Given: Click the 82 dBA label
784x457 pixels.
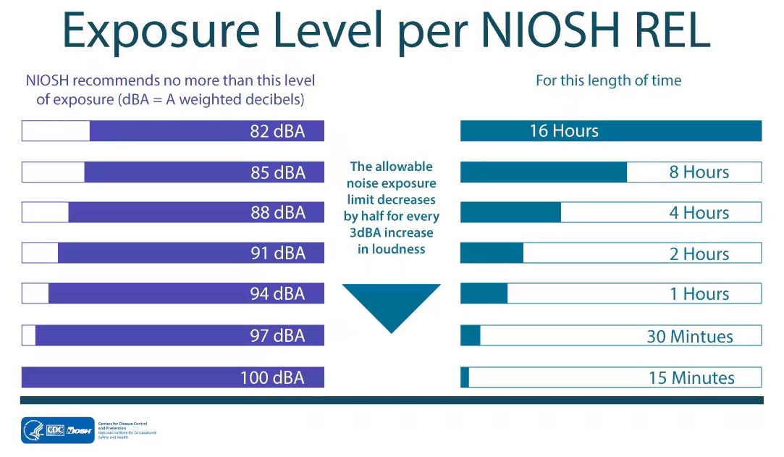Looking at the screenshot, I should click(278, 132).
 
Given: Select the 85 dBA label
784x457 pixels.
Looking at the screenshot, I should click(278, 172).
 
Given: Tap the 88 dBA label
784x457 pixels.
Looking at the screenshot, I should click(278, 213).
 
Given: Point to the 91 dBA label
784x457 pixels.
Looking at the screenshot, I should click(278, 253).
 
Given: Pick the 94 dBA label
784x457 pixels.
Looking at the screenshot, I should click(278, 294).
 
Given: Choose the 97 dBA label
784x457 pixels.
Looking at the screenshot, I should click(278, 335).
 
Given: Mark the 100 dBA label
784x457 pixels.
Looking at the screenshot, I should click(272, 377).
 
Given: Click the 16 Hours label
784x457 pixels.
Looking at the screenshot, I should click(564, 131).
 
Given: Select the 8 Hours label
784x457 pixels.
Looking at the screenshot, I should click(699, 172).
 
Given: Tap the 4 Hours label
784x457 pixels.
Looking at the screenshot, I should click(699, 213).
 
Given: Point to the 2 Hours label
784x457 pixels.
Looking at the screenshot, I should click(699, 253).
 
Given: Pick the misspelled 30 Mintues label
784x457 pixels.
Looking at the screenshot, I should click(690, 336).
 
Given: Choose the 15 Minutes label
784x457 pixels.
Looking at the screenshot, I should click(691, 377).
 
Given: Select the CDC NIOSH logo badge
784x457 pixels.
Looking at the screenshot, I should click(58, 429).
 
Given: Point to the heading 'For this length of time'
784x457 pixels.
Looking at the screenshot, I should click(608, 80).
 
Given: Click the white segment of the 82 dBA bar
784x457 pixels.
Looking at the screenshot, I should click(56, 131).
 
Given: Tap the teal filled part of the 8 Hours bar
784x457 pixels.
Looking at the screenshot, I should click(544, 172).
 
